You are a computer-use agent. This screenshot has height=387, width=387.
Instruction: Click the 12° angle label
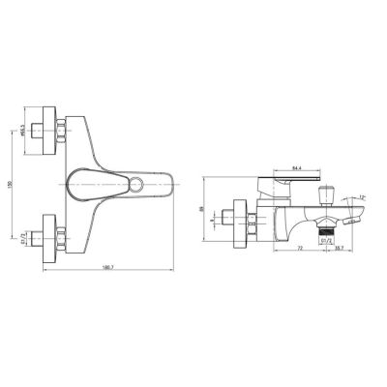tap(362, 198)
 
